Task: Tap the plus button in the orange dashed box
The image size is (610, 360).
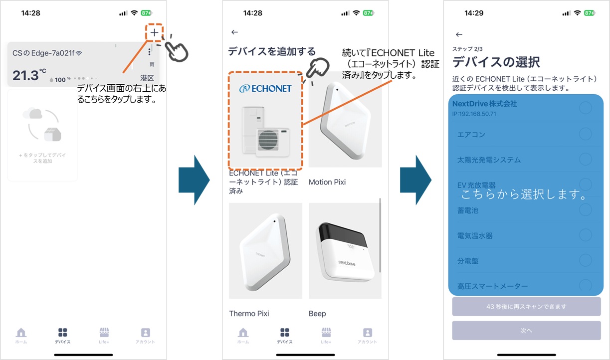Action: [155, 32]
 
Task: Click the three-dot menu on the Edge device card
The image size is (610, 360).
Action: [149, 52]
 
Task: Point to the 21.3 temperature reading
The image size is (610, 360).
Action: [25, 75]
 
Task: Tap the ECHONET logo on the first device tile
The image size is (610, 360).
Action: [265, 88]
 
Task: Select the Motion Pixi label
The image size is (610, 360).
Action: [327, 182]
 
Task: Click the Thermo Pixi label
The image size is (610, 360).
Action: [249, 314]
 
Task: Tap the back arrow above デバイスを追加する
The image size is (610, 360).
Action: [235, 32]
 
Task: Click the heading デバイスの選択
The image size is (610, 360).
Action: [496, 63]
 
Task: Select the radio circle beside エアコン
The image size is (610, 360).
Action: [585, 134]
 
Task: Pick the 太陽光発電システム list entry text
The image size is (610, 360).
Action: [489, 160]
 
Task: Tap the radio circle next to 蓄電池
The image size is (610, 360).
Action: [585, 210]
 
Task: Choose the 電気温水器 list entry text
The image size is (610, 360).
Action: [475, 235]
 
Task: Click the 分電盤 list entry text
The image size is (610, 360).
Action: [468, 261]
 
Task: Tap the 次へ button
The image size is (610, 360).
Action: [526, 331]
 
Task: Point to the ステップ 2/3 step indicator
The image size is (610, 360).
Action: [468, 49]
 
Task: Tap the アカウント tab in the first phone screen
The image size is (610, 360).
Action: [145, 336]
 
